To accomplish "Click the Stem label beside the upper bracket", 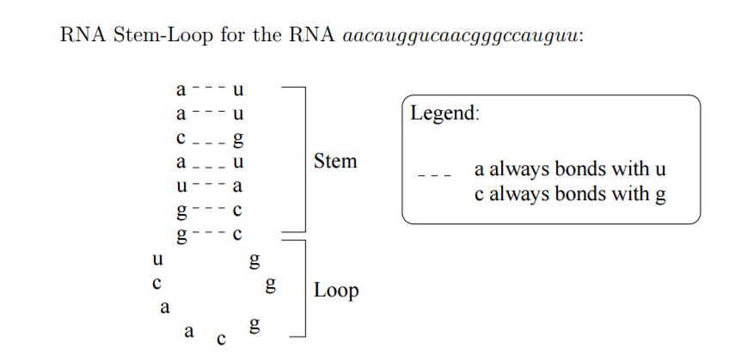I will click(x=334, y=162).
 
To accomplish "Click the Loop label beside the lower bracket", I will click(x=335, y=290).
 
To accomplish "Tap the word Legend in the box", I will click(x=444, y=113).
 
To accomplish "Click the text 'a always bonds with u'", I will click(x=570, y=169).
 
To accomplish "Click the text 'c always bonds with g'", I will click(x=570, y=193).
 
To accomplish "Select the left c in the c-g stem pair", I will click(x=181, y=137).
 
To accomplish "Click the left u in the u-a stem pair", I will click(x=181, y=186).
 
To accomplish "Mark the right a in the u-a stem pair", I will click(x=239, y=186).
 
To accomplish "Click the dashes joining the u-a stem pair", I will click(x=209, y=184).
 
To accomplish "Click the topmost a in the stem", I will click(x=181, y=89).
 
